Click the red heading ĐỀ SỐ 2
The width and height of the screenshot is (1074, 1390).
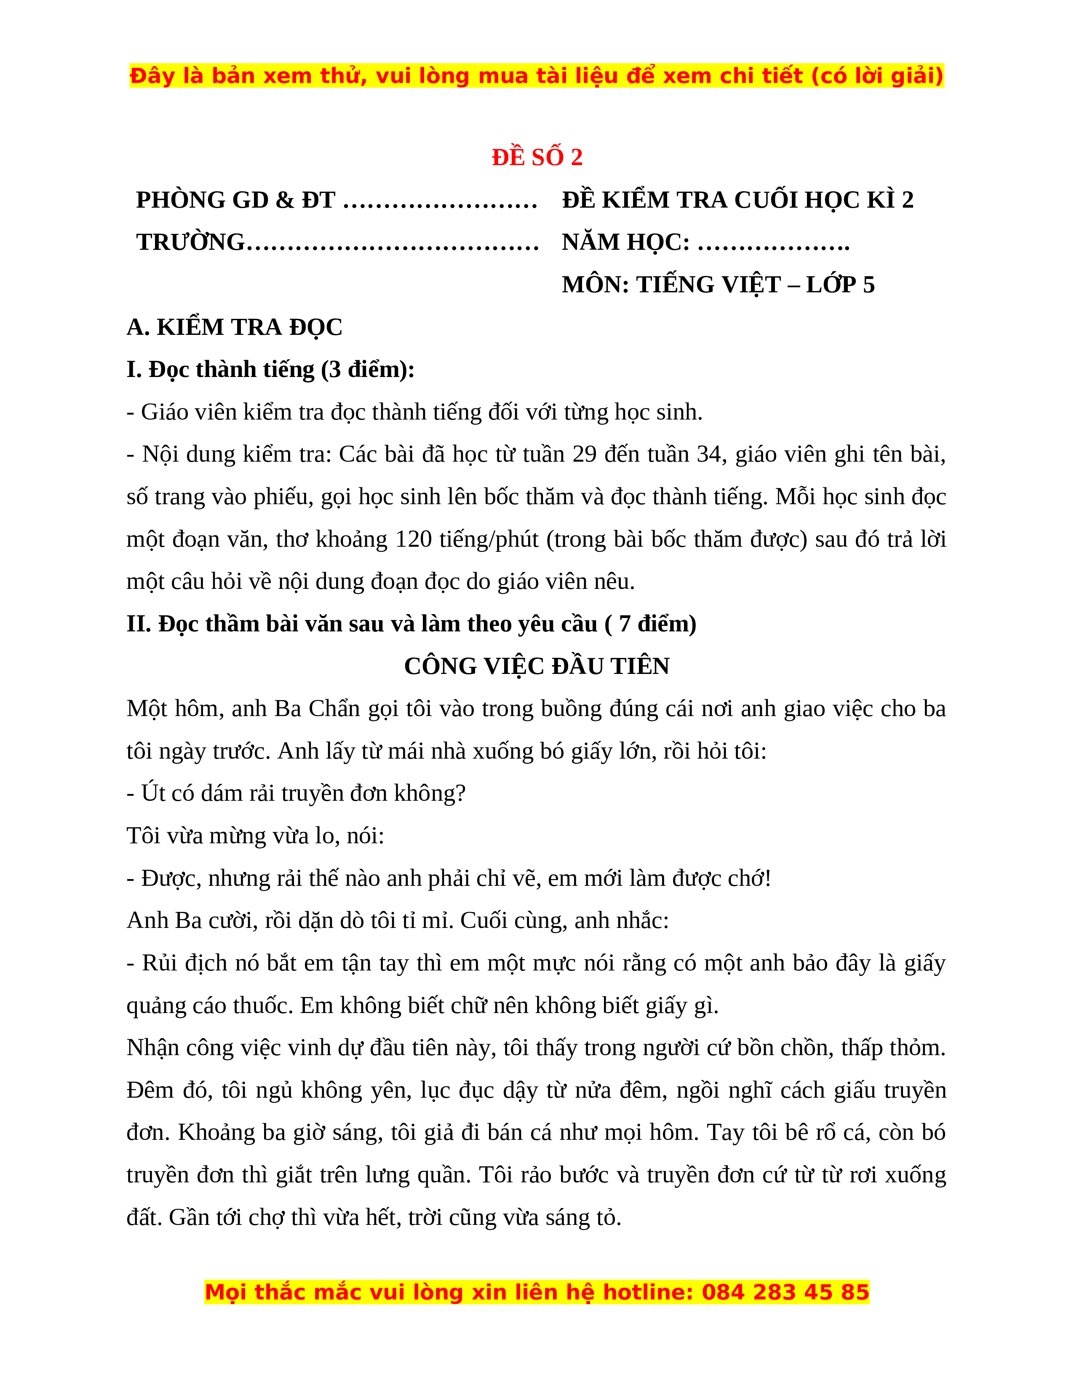537,157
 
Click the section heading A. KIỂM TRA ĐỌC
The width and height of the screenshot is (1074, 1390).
234,327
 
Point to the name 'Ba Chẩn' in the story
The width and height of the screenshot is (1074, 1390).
304,709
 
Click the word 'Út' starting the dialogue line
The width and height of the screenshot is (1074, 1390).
153,794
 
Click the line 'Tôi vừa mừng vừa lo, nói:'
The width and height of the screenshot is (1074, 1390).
255,836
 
